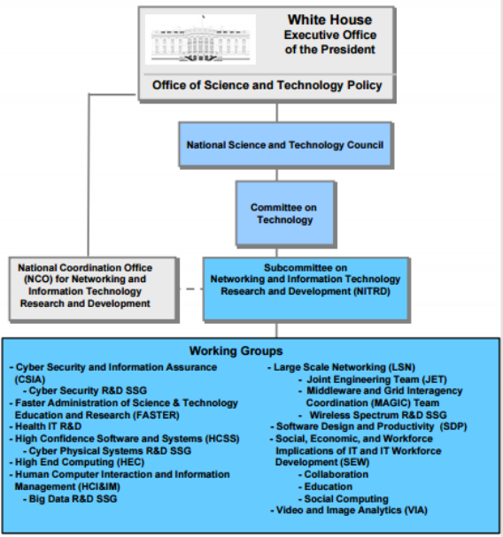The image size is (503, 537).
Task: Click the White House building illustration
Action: click(201, 40)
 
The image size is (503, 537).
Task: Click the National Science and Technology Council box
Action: click(285, 145)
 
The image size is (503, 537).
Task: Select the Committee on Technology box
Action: click(285, 214)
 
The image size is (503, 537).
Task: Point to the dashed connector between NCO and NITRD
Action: click(190, 289)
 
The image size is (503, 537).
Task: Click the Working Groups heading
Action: click(236, 351)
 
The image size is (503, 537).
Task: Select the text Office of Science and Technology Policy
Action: click(267, 85)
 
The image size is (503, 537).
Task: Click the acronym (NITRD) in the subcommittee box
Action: click(372, 291)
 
